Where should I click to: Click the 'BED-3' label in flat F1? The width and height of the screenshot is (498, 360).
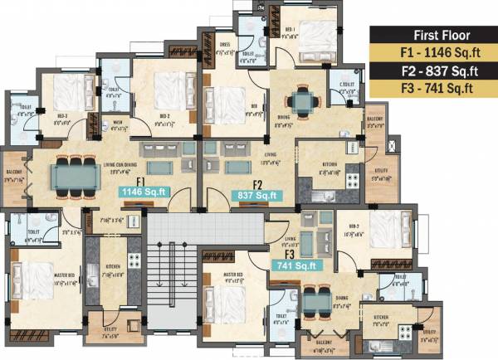click(62, 115)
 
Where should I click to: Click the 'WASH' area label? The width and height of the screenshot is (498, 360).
click(117, 124)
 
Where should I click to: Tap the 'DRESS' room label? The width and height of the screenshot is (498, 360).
click(224, 45)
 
